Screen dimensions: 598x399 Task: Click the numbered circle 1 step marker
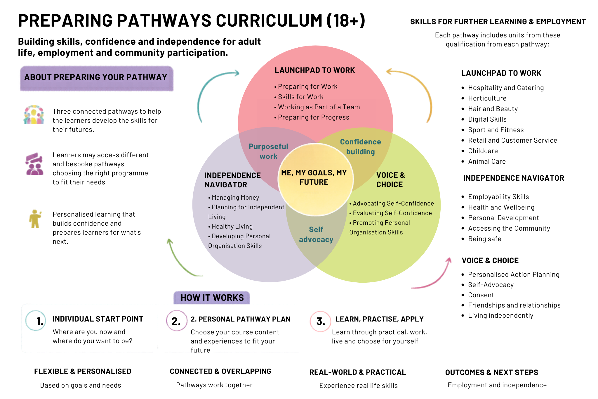36,321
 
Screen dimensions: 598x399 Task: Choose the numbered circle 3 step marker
320,321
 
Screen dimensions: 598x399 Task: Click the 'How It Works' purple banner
212,298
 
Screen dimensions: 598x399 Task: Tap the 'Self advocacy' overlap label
316,234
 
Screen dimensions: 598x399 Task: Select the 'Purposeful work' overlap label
268,151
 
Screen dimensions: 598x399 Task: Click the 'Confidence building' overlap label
361,147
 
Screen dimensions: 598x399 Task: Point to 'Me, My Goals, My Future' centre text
314,177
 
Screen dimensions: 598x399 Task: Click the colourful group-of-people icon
34,114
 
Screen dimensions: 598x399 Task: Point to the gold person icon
35,219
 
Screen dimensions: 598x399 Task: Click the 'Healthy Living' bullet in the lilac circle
230,227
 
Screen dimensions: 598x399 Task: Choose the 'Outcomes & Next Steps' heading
491,372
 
